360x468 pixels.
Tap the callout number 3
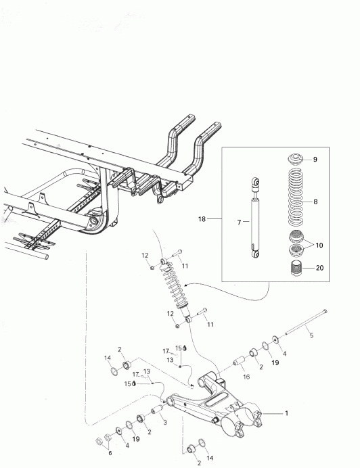point(164,420)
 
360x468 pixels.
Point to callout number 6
point(110,453)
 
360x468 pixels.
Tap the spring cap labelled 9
point(295,160)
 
